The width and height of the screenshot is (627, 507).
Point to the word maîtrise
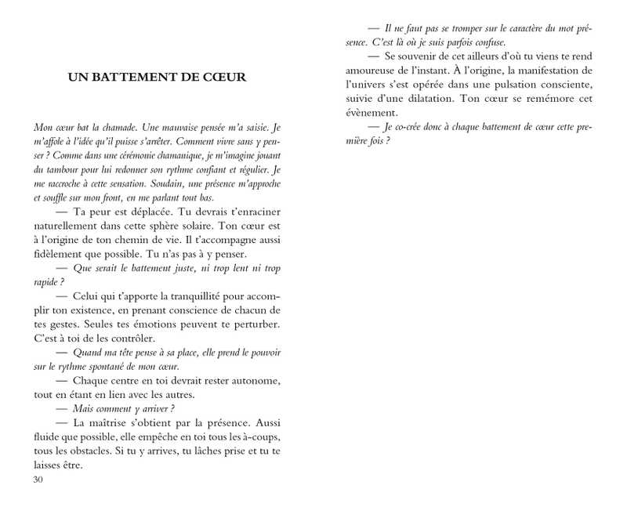tap(114, 423)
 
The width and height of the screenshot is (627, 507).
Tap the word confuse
tap(488, 42)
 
